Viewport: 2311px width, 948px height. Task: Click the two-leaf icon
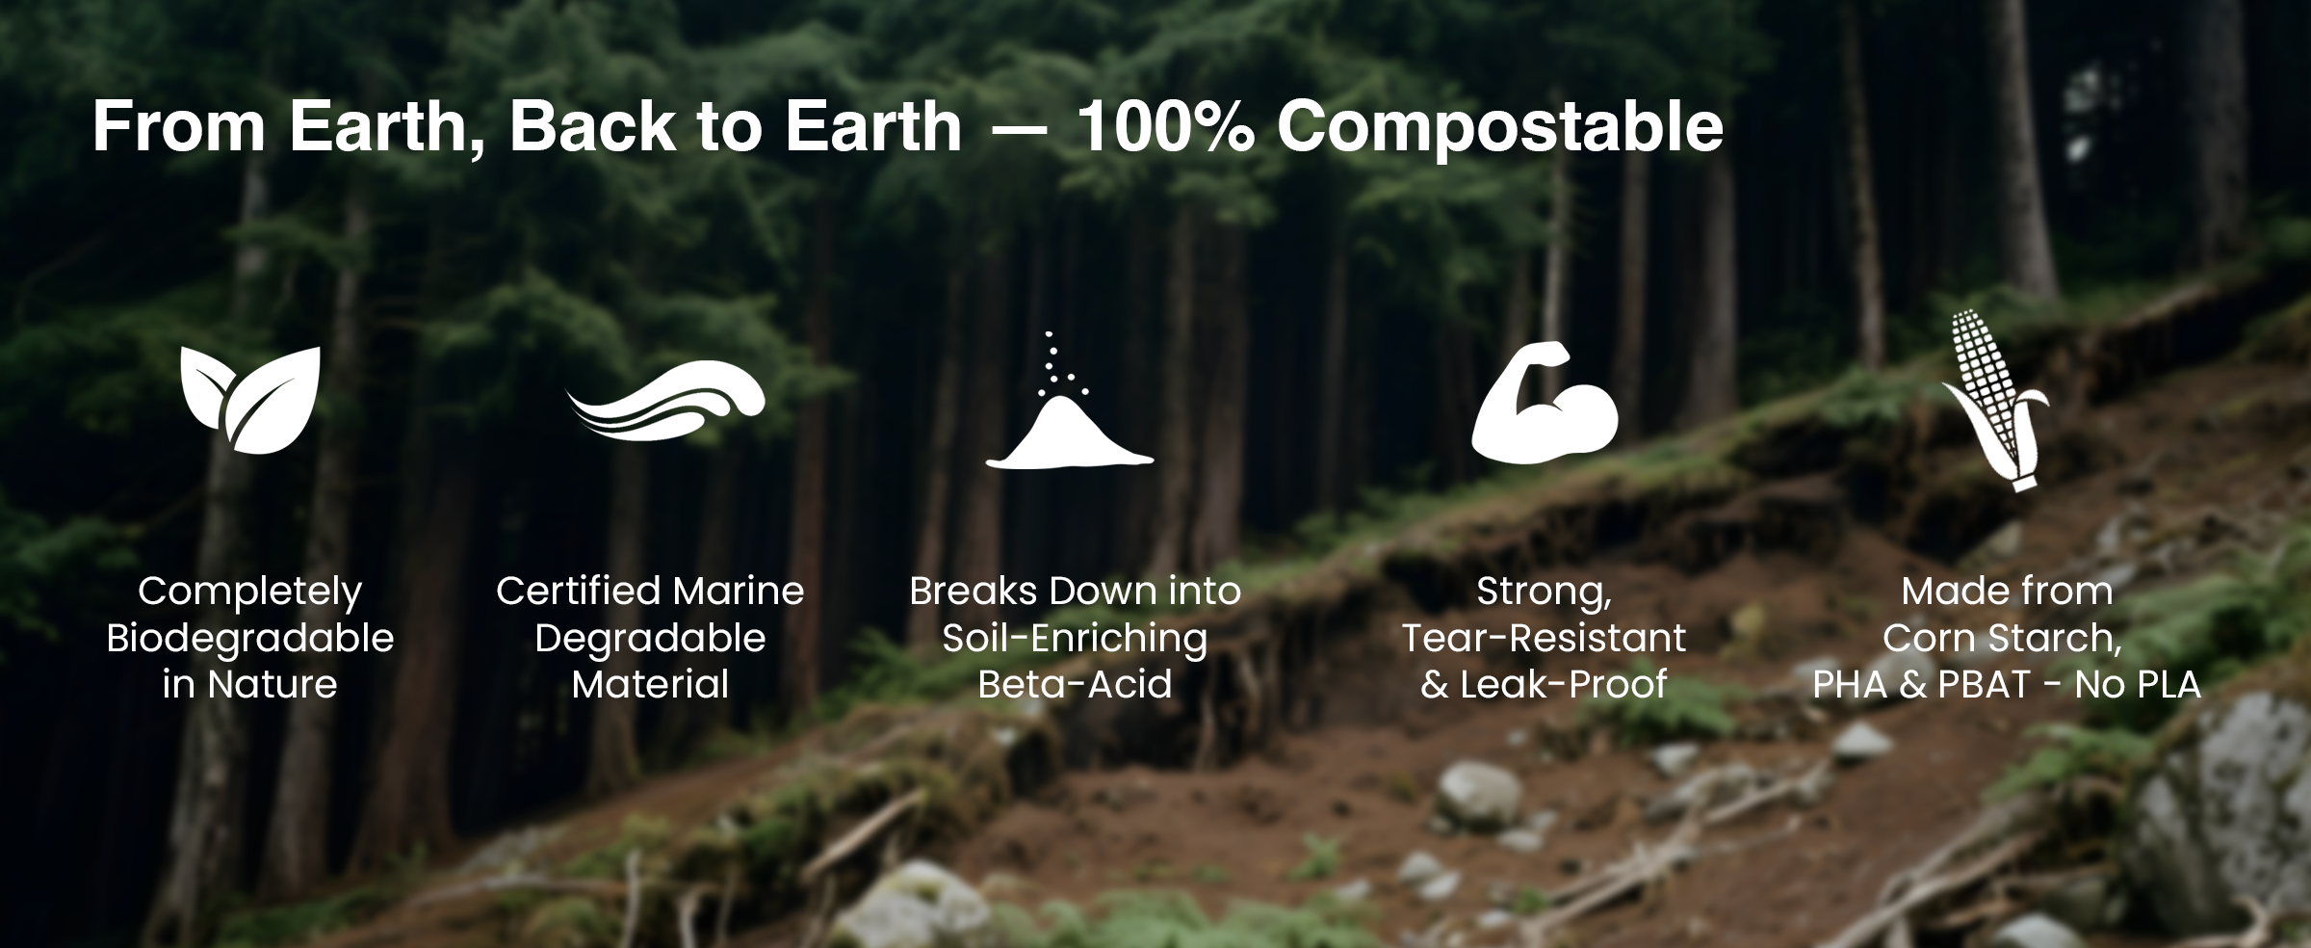[250, 400]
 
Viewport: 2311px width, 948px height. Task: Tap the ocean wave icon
[665, 401]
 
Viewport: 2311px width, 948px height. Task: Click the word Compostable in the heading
[1499, 127]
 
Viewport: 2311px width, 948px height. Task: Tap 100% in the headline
[1164, 125]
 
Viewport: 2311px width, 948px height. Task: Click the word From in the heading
[179, 125]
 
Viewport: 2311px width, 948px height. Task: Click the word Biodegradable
[250, 638]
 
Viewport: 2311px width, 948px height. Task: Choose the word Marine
[739, 591]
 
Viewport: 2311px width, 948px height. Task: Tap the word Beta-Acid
[1075, 684]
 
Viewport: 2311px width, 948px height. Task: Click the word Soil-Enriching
[1075, 638]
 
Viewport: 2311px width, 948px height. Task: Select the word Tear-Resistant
[1544, 638]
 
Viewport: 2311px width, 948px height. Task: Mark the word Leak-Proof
[1564, 684]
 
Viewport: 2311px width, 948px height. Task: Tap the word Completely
[250, 592]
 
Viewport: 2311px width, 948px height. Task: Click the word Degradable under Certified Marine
[650, 638]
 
